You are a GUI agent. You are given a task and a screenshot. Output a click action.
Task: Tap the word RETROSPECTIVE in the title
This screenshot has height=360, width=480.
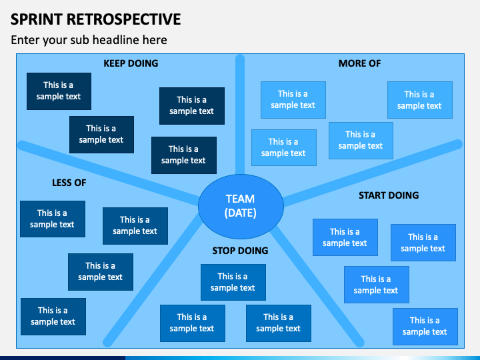tap(124, 19)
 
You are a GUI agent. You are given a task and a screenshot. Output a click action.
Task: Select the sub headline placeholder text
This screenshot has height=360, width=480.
tap(89, 40)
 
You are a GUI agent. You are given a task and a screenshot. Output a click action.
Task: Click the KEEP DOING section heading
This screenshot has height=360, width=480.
tap(131, 63)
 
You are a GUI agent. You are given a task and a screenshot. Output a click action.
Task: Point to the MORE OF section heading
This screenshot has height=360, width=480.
tap(360, 63)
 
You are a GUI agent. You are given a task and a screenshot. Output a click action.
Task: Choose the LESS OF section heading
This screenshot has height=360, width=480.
tap(69, 183)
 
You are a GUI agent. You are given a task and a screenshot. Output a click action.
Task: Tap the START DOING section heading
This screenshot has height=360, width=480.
tap(389, 195)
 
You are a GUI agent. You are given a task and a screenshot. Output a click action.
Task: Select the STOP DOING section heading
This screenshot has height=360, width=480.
tap(240, 251)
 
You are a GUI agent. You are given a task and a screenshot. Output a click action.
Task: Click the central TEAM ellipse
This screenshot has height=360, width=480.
tap(241, 206)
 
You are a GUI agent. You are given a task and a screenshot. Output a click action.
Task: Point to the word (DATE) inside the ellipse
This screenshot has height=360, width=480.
tap(240, 213)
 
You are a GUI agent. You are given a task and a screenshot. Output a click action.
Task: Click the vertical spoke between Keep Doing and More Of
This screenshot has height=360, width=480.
tap(240, 115)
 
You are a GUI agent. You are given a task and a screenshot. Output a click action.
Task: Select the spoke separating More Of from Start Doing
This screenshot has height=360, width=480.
tap(373, 173)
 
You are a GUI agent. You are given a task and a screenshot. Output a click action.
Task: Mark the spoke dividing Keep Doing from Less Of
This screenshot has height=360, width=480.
tap(109, 173)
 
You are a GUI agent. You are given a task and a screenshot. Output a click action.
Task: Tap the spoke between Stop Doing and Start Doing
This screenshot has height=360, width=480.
tap(317, 286)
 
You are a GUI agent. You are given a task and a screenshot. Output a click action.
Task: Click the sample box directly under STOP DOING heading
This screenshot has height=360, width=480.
tap(233, 282)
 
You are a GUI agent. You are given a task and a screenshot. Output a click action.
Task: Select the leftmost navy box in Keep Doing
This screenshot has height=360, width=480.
tap(59, 91)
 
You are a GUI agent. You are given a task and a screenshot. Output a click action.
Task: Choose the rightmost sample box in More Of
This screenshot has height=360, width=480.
tap(420, 100)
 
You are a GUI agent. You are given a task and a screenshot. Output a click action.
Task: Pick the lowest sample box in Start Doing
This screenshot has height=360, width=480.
tap(425, 326)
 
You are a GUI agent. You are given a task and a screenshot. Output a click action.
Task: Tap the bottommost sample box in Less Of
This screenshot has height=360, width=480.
tap(53, 317)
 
